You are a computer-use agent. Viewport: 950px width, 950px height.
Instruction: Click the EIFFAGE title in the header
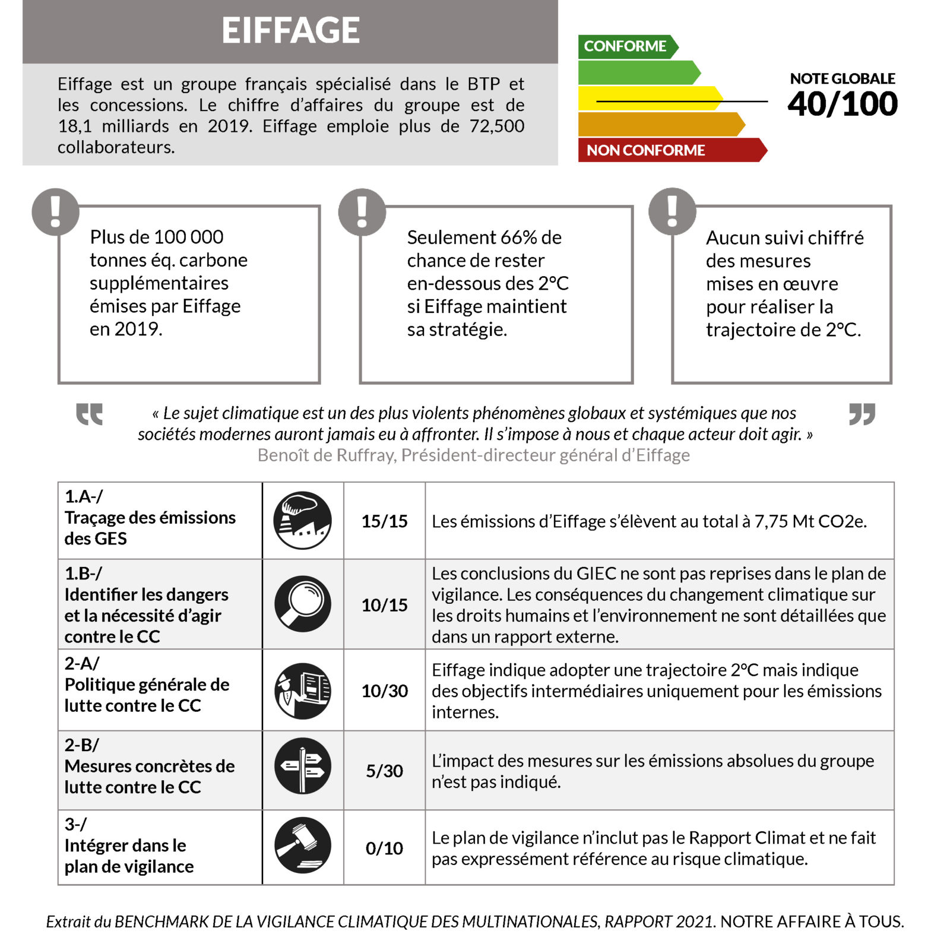point(290,30)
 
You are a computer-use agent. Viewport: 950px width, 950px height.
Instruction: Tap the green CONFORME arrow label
point(625,46)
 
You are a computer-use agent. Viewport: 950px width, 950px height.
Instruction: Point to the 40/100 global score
point(842,104)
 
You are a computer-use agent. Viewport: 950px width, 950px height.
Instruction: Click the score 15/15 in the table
point(384,521)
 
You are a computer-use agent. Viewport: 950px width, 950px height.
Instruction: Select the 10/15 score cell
point(384,605)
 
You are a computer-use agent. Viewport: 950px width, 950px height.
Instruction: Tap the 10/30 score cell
point(384,691)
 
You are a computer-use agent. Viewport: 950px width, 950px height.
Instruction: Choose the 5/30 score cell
point(384,771)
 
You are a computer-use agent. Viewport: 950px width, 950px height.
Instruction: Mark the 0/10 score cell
point(384,848)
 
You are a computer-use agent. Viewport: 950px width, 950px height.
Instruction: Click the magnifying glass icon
point(303,604)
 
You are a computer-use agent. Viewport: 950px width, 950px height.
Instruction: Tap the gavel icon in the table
point(303,845)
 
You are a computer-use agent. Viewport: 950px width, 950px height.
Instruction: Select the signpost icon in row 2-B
point(303,766)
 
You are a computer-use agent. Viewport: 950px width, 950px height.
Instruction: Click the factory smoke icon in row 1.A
point(303,520)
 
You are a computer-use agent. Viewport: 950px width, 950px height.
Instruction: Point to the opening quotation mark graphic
point(90,414)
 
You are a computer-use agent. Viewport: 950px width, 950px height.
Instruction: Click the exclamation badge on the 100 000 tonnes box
point(55,212)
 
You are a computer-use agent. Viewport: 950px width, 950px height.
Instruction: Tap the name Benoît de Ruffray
point(326,455)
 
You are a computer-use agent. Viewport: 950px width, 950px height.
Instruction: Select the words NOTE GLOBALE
point(842,79)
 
